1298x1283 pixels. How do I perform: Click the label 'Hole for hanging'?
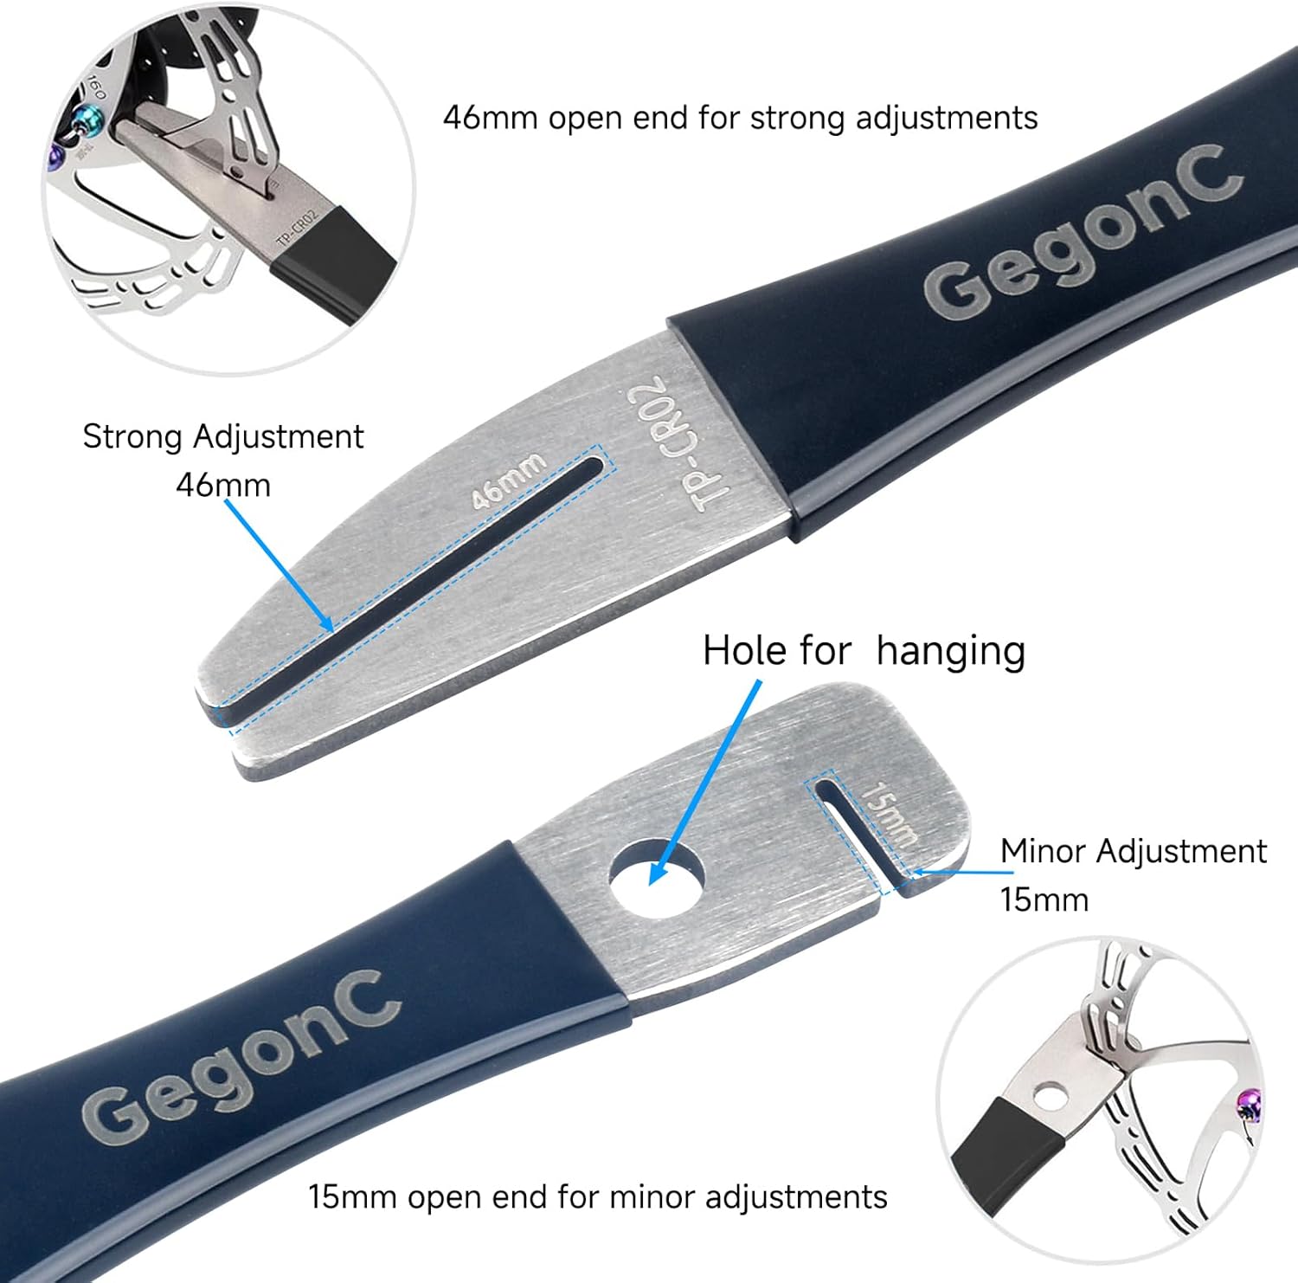(x=863, y=651)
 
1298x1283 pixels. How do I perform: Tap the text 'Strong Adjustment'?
(x=222, y=436)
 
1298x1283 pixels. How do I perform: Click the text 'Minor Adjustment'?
(x=1133, y=851)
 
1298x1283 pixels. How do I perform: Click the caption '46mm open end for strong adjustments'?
(x=740, y=117)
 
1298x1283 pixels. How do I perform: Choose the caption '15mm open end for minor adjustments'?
(x=598, y=1197)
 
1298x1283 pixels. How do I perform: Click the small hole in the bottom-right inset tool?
(x=1051, y=1098)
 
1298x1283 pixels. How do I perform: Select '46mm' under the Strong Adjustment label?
(x=222, y=485)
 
